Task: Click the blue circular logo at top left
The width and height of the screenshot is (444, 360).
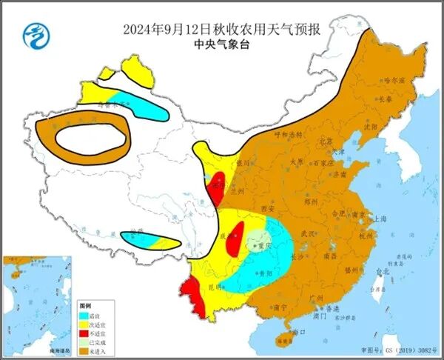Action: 34,34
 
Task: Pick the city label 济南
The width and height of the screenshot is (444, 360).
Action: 339,176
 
